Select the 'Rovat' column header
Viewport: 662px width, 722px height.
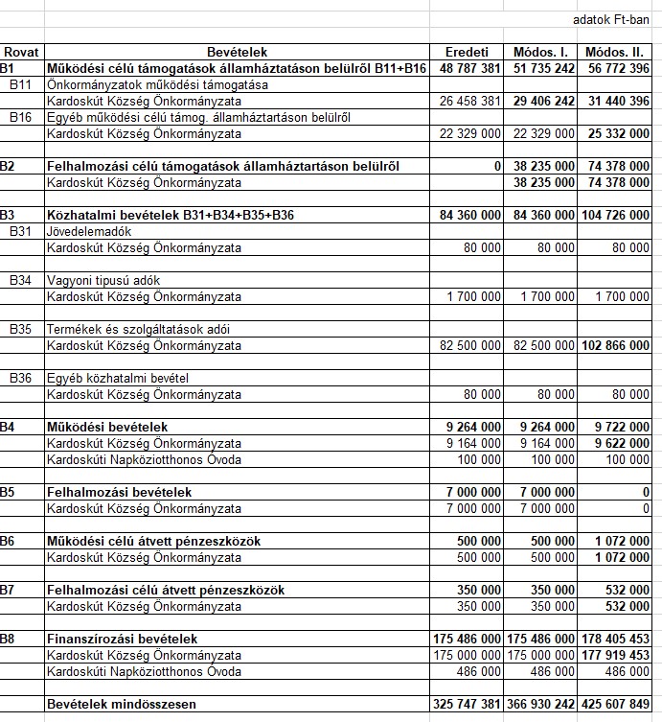[20, 52]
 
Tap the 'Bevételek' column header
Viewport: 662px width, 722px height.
[237, 52]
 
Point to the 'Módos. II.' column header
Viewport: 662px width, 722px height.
[617, 52]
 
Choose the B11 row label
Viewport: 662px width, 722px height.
[21, 84]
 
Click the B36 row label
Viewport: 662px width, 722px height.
[21, 378]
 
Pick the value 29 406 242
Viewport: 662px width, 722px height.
[544, 101]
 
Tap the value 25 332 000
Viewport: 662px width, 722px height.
[618, 133]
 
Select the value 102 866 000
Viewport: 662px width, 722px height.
[616, 345]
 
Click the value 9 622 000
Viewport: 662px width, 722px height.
[621, 443]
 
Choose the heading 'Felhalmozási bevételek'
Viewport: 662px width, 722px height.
[119, 492]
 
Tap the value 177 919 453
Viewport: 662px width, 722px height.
[616, 655]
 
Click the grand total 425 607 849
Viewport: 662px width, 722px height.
[616, 705]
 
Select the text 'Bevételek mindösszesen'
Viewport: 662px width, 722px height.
[121, 705]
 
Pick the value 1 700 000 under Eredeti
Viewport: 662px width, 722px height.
[473, 296]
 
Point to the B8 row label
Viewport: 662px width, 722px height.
[9, 639]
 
